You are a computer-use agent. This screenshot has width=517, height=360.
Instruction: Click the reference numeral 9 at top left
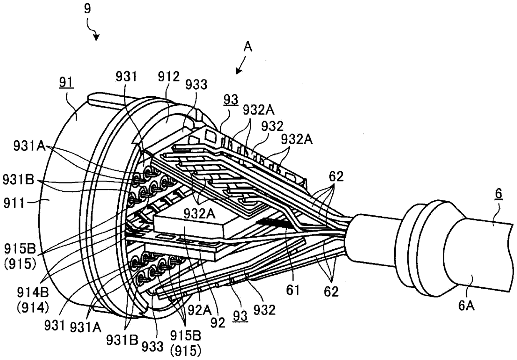click(x=87, y=9)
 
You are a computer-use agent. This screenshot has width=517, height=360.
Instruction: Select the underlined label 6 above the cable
click(x=499, y=195)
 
